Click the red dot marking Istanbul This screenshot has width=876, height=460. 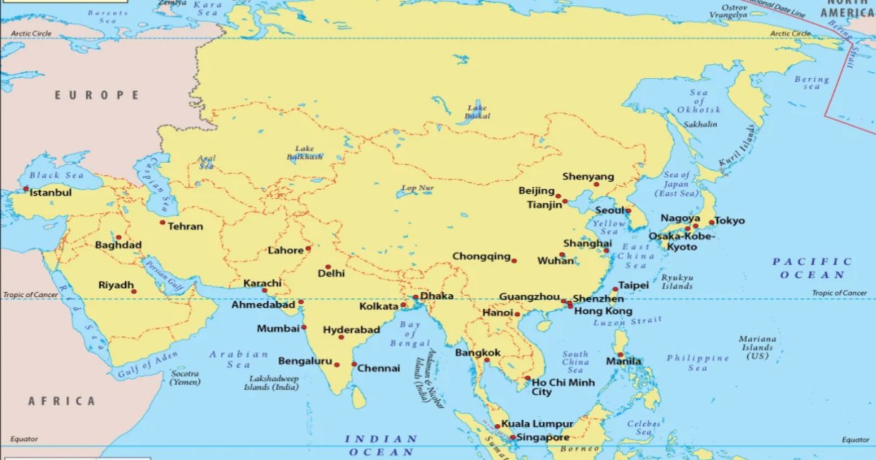pyautogui.click(x=26, y=189)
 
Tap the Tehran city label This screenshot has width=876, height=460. pyautogui.click(x=185, y=226)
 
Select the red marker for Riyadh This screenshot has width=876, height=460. pyautogui.click(x=134, y=291)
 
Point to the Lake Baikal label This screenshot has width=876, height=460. pyautogui.click(x=477, y=111)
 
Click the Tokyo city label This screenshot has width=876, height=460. pyautogui.click(x=730, y=221)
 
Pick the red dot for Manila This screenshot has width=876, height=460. pyautogui.click(x=620, y=355)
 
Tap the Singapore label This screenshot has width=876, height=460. pyautogui.click(x=543, y=437)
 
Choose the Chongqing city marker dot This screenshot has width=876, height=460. pyautogui.click(x=514, y=261)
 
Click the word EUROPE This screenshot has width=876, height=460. pyautogui.click(x=97, y=95)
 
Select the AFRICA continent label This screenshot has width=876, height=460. pyautogui.click(x=62, y=401)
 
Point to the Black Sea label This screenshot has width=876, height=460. pyautogui.click(x=56, y=176)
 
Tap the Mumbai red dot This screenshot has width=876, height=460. pyautogui.click(x=304, y=328)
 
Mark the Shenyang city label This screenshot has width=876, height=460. pyautogui.click(x=588, y=177)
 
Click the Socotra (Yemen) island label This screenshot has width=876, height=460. pyautogui.click(x=184, y=377)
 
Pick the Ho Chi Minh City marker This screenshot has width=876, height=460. pyautogui.click(x=527, y=378)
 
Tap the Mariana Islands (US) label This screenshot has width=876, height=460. pyautogui.click(x=757, y=348)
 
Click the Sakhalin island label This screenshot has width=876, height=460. pyautogui.click(x=700, y=124)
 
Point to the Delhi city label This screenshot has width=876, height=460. pyautogui.click(x=331, y=274)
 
